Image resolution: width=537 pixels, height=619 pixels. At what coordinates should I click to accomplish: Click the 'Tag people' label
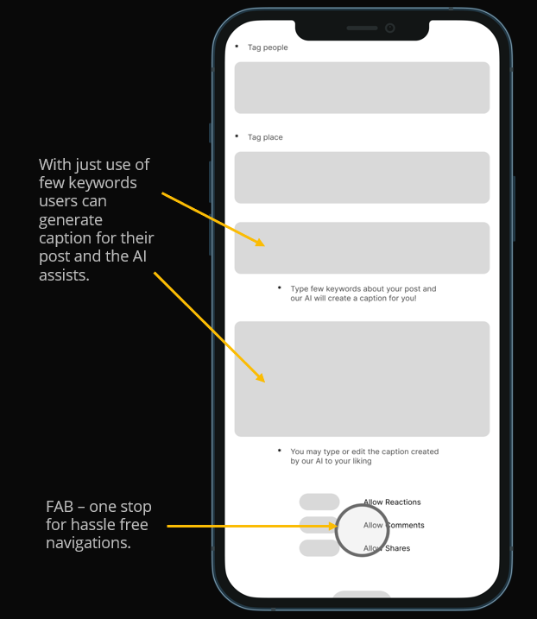tap(268, 47)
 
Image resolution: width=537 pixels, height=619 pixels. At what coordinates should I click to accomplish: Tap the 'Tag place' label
tap(265, 137)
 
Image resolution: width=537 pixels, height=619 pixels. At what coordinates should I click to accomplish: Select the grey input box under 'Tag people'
tap(362, 88)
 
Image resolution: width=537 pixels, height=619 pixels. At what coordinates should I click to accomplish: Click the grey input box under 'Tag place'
tap(362, 178)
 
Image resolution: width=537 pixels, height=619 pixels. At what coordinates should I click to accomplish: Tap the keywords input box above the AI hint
tap(362, 248)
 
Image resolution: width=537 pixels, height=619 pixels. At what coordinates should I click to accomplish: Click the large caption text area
tap(362, 379)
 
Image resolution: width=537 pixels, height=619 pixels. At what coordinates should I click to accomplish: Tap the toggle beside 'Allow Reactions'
tap(319, 502)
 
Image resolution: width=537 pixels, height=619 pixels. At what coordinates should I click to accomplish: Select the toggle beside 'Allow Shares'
tap(319, 548)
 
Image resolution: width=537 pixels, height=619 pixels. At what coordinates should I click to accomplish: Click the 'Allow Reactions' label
tap(392, 502)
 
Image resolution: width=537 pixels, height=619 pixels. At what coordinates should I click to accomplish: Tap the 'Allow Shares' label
tap(387, 548)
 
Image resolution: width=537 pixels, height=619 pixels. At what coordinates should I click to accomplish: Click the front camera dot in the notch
tap(389, 28)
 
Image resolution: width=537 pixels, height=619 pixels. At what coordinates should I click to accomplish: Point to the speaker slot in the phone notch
tap(362, 28)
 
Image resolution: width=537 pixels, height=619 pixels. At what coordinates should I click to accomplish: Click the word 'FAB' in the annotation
tap(65, 507)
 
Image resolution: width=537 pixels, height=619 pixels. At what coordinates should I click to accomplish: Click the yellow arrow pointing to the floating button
tap(250, 525)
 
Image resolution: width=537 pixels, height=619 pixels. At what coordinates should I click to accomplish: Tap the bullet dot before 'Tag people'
tap(237, 46)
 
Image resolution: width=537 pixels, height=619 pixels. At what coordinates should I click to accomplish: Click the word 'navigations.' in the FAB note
tap(88, 543)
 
